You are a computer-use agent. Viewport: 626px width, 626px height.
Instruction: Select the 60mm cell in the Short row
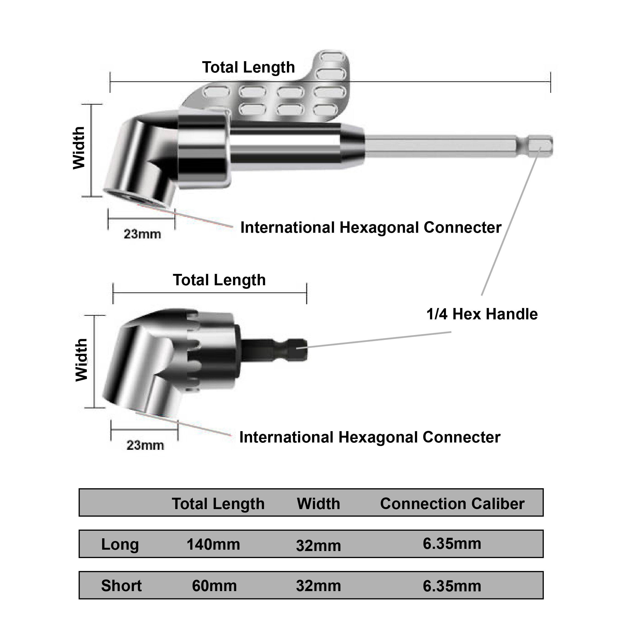coord(214,586)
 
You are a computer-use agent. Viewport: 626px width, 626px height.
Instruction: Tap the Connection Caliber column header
coord(452,504)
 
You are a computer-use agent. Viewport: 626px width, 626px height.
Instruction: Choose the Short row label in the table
coord(121,586)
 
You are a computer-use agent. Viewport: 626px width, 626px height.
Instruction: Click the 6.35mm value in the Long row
coord(452,544)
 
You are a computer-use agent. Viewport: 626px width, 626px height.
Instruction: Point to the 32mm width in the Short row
coord(318,586)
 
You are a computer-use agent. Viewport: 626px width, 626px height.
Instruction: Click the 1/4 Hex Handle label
coord(482,314)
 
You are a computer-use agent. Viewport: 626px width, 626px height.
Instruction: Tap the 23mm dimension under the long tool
coord(142,234)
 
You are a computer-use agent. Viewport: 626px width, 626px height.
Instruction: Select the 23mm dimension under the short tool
coord(145,445)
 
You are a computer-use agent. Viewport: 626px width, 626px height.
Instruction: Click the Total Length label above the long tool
coord(248,67)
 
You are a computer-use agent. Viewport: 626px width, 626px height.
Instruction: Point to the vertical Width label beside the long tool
coord(79,148)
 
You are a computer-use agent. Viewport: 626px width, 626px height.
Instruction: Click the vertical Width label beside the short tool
coord(81,360)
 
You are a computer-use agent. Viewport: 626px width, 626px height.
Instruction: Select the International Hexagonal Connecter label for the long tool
coord(371,227)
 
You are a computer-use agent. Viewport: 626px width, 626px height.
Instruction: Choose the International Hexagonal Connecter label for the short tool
coord(370,437)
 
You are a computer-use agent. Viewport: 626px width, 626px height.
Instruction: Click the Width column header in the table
coord(318,504)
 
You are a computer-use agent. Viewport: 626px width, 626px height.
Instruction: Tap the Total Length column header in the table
coord(218,504)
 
